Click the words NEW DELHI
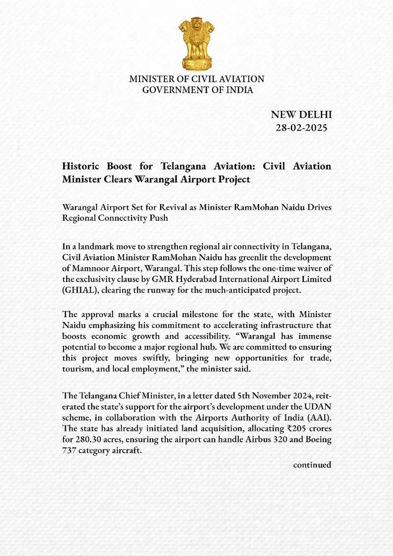(301, 115)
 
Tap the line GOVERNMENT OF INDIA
(197, 90)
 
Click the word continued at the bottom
(312, 465)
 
